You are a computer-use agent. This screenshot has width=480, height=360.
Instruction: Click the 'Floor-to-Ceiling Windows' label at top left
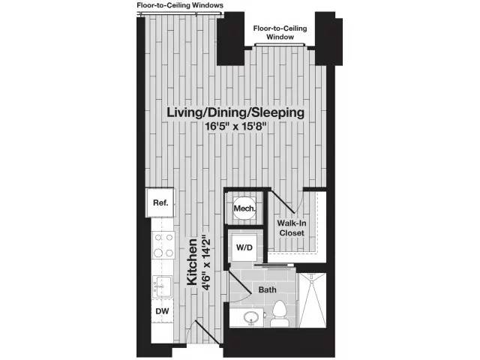[x=179, y=5]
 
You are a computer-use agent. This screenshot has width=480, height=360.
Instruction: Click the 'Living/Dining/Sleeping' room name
[x=235, y=112]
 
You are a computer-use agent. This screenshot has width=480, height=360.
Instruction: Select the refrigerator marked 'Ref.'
[x=160, y=202]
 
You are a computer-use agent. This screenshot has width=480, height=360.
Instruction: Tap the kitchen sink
[x=162, y=285]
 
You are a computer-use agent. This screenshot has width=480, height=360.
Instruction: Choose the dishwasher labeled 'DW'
[x=161, y=310]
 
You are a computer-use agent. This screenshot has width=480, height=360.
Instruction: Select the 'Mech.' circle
[x=244, y=208]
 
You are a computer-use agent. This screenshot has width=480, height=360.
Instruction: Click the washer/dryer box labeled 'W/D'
[x=244, y=247]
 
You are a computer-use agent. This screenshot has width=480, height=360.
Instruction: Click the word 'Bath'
[x=268, y=289]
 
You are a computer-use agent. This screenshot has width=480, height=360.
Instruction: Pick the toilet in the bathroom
[x=280, y=313]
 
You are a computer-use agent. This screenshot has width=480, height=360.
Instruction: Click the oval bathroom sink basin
[x=250, y=318]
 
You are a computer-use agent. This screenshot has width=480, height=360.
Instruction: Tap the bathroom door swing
[x=240, y=283]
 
